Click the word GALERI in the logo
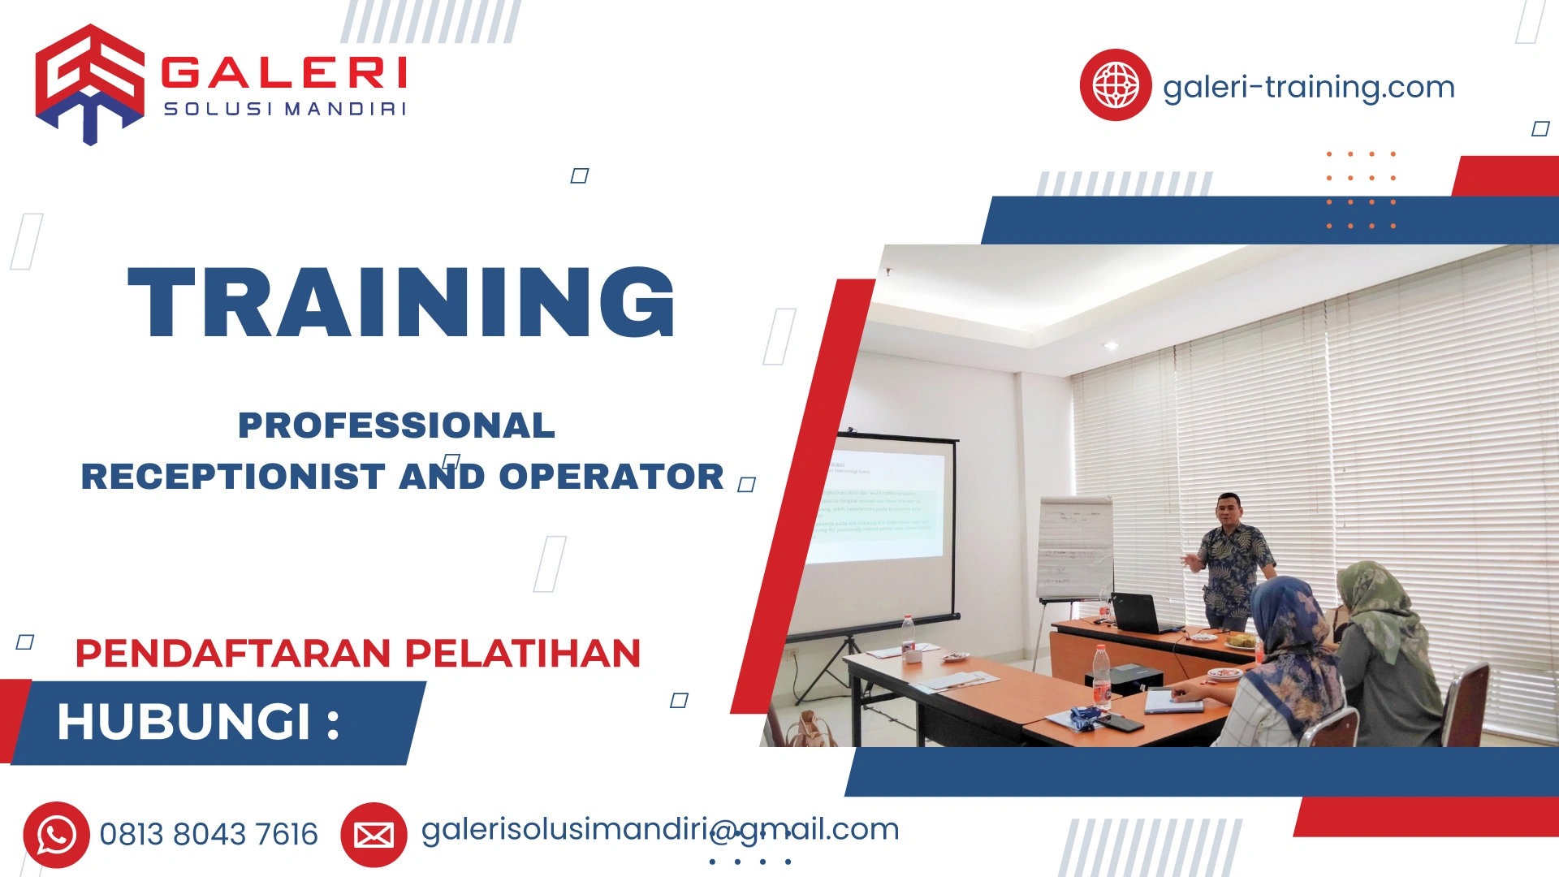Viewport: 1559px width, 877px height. (x=284, y=73)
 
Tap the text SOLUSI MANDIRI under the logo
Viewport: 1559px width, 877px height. (x=284, y=109)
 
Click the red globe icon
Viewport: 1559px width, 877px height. (x=1115, y=85)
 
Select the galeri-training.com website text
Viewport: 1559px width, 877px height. (x=1308, y=87)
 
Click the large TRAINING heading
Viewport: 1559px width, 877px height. (x=401, y=302)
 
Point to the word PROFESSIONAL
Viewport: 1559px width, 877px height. (x=396, y=426)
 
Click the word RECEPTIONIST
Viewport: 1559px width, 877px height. (x=233, y=477)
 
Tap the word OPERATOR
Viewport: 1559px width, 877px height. (x=611, y=477)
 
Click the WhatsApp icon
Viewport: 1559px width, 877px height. (x=56, y=835)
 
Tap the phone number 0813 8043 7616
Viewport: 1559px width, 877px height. (x=209, y=835)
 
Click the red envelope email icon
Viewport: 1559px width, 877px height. (x=374, y=835)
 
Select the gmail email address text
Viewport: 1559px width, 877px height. (x=659, y=830)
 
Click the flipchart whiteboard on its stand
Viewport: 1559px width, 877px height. (x=1075, y=548)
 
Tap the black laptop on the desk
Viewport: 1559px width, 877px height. (x=1141, y=613)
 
